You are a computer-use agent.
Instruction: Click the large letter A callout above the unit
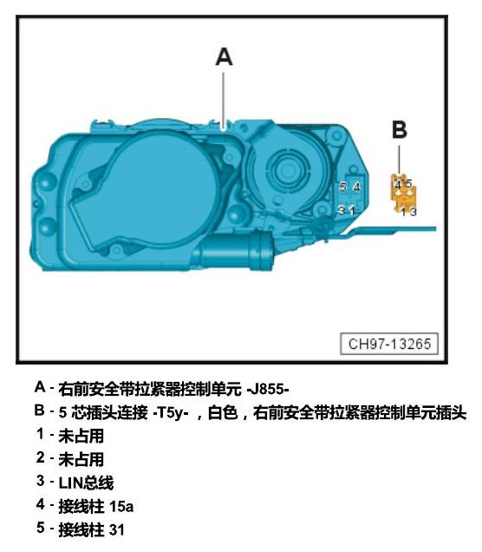coord(224,57)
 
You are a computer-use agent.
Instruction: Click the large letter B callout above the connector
coord(400,129)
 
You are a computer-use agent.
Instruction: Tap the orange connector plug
coord(404,193)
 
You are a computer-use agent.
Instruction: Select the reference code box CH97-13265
coord(389,344)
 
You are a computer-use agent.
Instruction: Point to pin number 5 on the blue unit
coord(342,187)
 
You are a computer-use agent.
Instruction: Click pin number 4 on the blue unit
coord(356,187)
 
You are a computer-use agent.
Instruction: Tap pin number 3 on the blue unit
coord(342,210)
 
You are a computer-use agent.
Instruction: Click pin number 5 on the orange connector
coord(408,183)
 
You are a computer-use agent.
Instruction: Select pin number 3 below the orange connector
coord(414,212)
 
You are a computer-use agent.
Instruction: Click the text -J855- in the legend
coord(268,390)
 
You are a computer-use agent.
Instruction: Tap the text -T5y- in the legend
coord(171,412)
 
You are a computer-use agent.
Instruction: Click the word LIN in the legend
coord(70,483)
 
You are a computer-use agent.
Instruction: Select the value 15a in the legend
coord(121,507)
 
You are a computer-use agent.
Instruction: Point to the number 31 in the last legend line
coord(117,529)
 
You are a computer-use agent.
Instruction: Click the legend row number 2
coord(41,457)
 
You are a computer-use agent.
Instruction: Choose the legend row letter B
coord(39,411)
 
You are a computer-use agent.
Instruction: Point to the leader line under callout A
coord(224,100)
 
